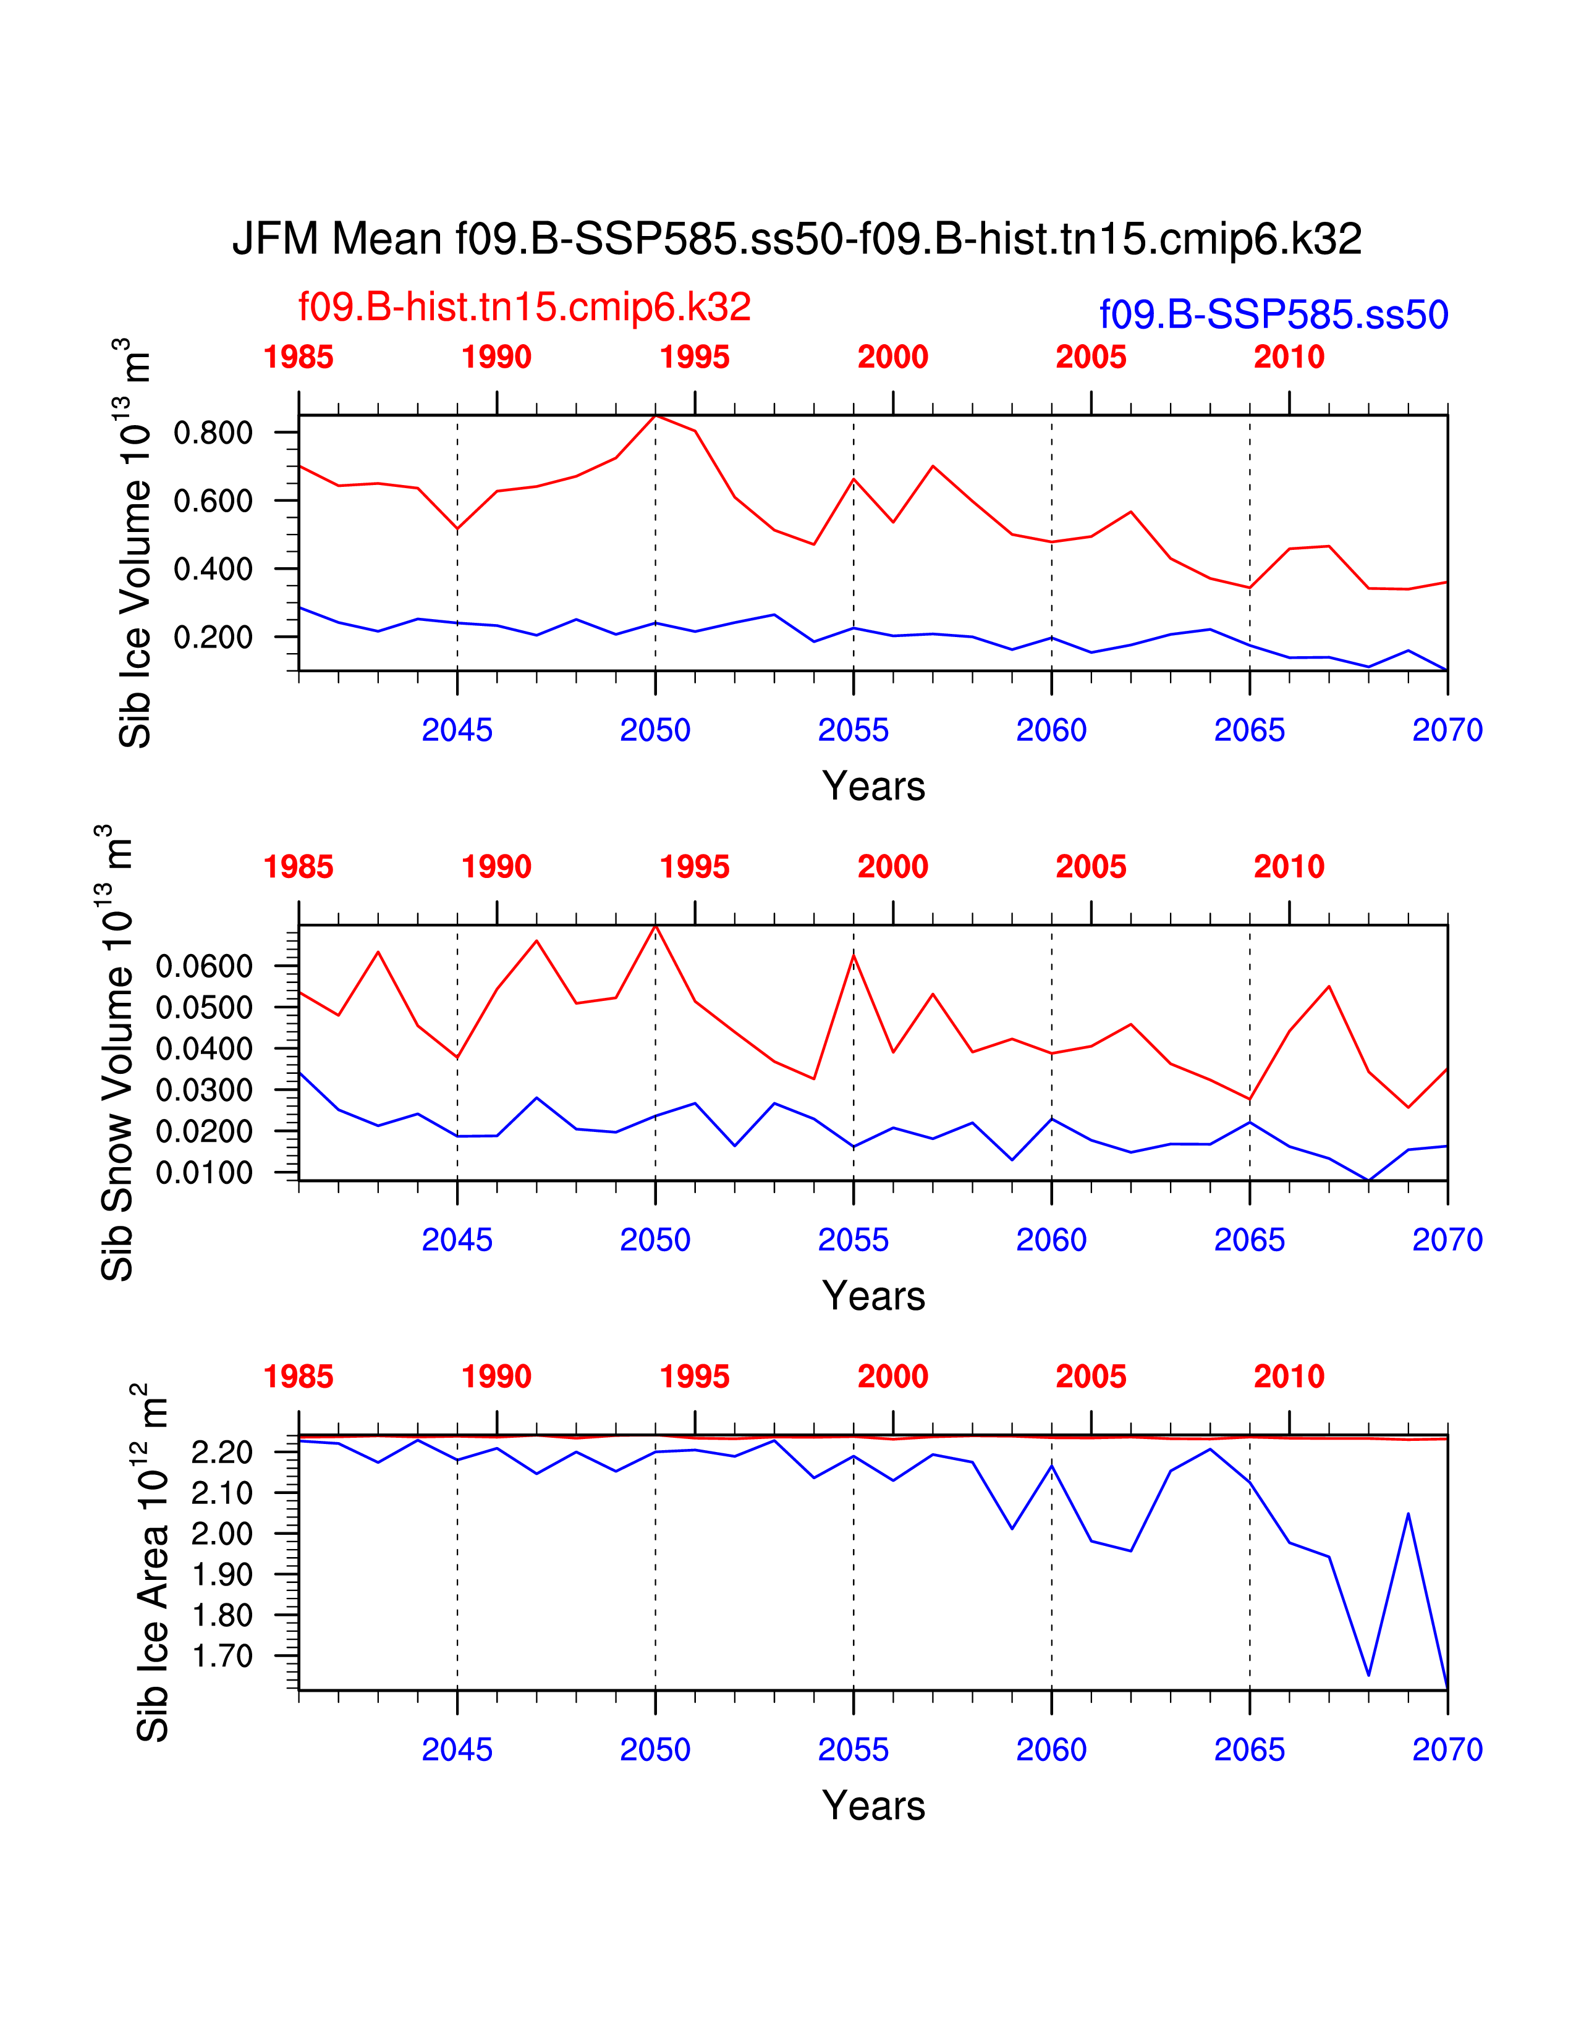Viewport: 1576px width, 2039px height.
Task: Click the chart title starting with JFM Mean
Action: pyautogui.click(x=797, y=239)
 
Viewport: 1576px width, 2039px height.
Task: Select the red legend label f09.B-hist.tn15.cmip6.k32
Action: pyautogui.click(x=525, y=307)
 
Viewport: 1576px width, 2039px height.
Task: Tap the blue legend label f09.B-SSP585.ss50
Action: pyautogui.click(x=1274, y=315)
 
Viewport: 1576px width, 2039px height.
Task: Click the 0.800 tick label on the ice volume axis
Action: pyautogui.click(x=213, y=433)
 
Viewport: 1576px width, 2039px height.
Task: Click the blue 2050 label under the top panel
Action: pyautogui.click(x=655, y=730)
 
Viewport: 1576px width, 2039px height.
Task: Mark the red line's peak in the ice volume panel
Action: pyautogui.click(x=655, y=415)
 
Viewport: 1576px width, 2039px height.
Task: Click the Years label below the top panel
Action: pyautogui.click(x=874, y=786)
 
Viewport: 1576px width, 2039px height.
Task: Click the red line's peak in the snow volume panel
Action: pyautogui.click(x=655, y=925)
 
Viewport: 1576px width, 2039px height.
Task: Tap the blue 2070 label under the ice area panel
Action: pyautogui.click(x=1448, y=1750)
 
